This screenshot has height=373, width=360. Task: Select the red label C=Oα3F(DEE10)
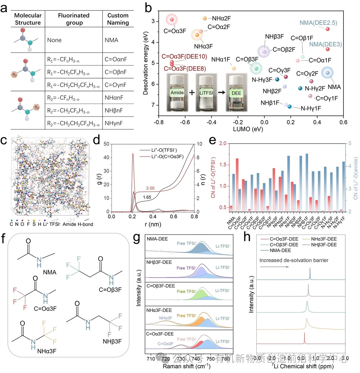pos(183,56)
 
